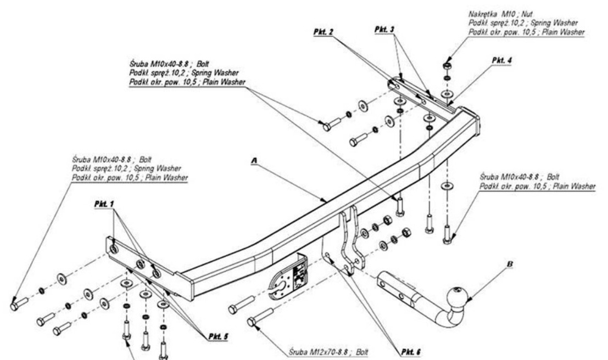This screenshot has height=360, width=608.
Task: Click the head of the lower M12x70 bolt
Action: [252, 322]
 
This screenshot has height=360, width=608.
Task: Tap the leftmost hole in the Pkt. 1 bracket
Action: [113, 249]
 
